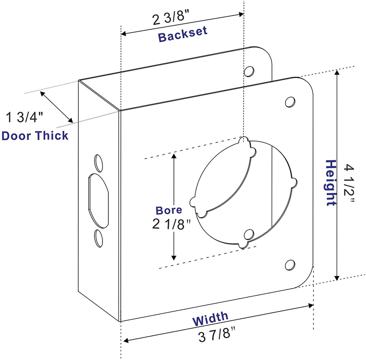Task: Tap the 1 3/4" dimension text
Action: click(x=25, y=117)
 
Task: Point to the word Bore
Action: click(x=169, y=210)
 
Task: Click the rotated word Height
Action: click(x=330, y=182)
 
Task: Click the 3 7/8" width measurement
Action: click(x=217, y=337)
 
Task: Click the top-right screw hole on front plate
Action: click(x=290, y=101)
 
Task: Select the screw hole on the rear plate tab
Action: click(x=249, y=71)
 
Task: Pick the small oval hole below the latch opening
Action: click(x=98, y=238)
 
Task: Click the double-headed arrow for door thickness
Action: click(x=57, y=107)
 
